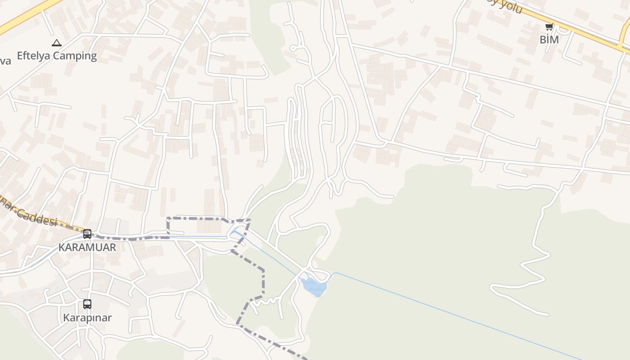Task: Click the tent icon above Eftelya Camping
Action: coord(56,43)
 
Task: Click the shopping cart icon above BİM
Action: coord(549,27)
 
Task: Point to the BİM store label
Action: coord(549,40)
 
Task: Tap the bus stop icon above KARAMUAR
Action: coord(87,234)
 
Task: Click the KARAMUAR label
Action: coord(87,247)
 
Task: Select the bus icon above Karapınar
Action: coord(87,304)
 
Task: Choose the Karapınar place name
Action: coord(87,318)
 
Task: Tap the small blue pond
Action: coord(314,287)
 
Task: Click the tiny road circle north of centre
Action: coord(293,48)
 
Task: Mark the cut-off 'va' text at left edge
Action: coord(5,61)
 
